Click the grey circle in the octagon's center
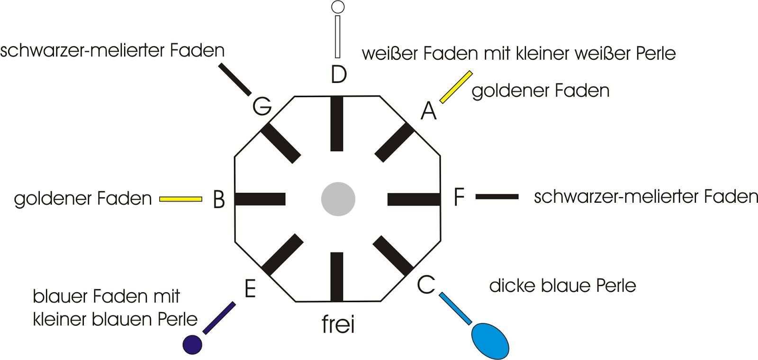[x=338, y=199]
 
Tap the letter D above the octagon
[x=338, y=74]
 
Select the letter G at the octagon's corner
[x=262, y=106]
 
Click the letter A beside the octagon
[x=428, y=111]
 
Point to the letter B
[x=218, y=199]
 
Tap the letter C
[x=426, y=285]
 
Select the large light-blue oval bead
[x=490, y=340]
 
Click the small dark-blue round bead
[x=192, y=344]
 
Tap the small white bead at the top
[x=338, y=7]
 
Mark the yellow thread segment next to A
[x=456, y=87]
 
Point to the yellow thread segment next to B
[x=180, y=199]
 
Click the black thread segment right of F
[x=496, y=197]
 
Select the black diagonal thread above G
[x=235, y=79]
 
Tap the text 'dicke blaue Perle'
[x=562, y=286]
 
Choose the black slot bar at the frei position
[x=337, y=277]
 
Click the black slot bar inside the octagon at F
[x=414, y=199]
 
